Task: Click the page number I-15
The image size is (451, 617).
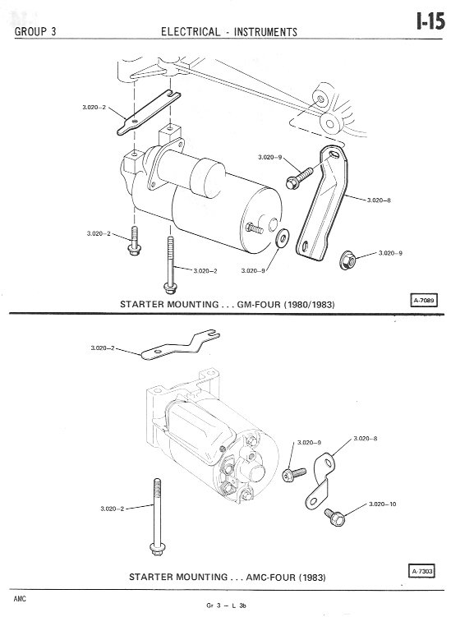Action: click(x=431, y=21)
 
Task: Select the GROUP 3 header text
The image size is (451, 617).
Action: click(x=35, y=31)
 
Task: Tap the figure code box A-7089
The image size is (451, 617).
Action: click(x=423, y=301)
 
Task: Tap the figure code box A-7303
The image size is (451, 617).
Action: click(x=423, y=571)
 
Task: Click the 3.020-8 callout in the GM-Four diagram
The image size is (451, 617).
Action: click(x=379, y=200)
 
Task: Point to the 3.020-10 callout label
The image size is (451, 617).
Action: click(x=383, y=504)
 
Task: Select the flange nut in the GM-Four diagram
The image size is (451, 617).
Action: click(x=347, y=260)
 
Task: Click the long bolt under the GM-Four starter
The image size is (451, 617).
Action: click(x=170, y=265)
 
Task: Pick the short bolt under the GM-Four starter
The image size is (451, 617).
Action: click(x=135, y=241)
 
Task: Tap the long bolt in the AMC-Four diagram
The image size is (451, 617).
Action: click(x=157, y=517)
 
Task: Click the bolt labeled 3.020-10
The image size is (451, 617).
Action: click(x=335, y=517)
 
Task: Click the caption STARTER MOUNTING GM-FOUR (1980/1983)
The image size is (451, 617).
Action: click(x=227, y=305)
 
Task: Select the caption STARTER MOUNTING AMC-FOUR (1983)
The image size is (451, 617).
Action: click(x=228, y=578)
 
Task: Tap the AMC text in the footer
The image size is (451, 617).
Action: click(x=20, y=599)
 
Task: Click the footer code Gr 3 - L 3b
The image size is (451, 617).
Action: click(x=226, y=605)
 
